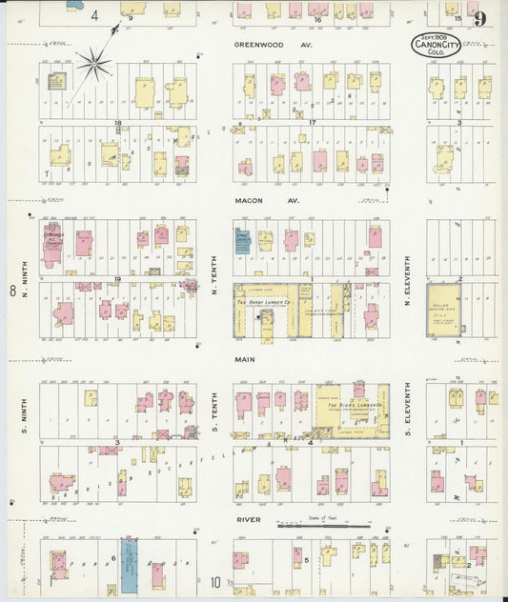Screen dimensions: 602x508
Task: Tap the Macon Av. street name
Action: pyautogui.click(x=254, y=201)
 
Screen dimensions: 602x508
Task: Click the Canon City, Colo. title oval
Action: pyautogui.click(x=440, y=44)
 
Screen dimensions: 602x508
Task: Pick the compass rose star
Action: pyautogui.click(x=93, y=65)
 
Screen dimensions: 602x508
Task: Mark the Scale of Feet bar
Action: pyautogui.click(x=323, y=524)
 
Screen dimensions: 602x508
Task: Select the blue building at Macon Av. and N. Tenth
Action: pyautogui.click(x=242, y=241)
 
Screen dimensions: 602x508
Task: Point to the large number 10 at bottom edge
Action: pyautogui.click(x=216, y=582)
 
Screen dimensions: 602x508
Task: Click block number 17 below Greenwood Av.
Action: pyautogui.click(x=311, y=123)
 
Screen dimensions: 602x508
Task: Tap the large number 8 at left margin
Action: pyautogui.click(x=12, y=290)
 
